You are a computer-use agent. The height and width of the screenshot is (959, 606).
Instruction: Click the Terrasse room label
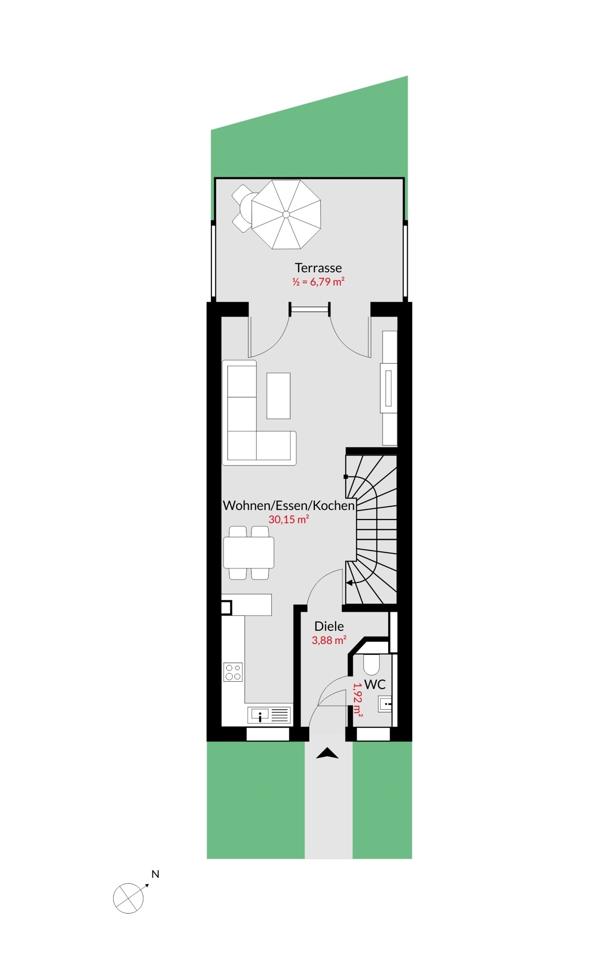pyautogui.click(x=318, y=268)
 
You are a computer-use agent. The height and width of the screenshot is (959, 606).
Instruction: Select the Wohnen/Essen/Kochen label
pyautogui.click(x=289, y=505)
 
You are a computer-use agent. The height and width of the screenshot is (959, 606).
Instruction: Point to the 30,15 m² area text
pyautogui.click(x=289, y=519)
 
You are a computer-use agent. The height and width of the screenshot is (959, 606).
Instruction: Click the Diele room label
pyautogui.click(x=329, y=626)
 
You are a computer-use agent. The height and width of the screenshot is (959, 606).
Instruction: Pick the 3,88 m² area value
pyautogui.click(x=329, y=640)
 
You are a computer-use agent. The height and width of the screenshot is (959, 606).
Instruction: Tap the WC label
pyautogui.click(x=375, y=684)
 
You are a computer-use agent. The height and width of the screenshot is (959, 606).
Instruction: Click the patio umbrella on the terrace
pyautogui.click(x=286, y=214)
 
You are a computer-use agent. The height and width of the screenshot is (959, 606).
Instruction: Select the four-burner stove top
pyautogui.click(x=233, y=672)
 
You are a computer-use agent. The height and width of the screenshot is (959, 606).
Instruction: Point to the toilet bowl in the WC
pyautogui.click(x=371, y=664)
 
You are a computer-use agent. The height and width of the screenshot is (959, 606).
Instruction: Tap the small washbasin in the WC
pyautogui.click(x=386, y=704)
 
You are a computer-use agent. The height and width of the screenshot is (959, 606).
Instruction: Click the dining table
pyautogui.click(x=249, y=552)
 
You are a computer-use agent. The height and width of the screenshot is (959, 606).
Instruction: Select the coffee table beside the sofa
pyautogui.click(x=278, y=396)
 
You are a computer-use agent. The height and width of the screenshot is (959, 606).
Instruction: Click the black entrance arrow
pyautogui.click(x=327, y=753)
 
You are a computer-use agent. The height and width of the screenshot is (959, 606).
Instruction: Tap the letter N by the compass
pyautogui.click(x=155, y=875)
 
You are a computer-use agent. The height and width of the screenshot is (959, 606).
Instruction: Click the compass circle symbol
pyautogui.click(x=128, y=898)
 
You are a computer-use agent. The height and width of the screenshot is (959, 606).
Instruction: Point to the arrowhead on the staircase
pyautogui.click(x=349, y=582)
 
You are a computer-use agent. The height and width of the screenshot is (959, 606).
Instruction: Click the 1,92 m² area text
pyautogui.click(x=358, y=700)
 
